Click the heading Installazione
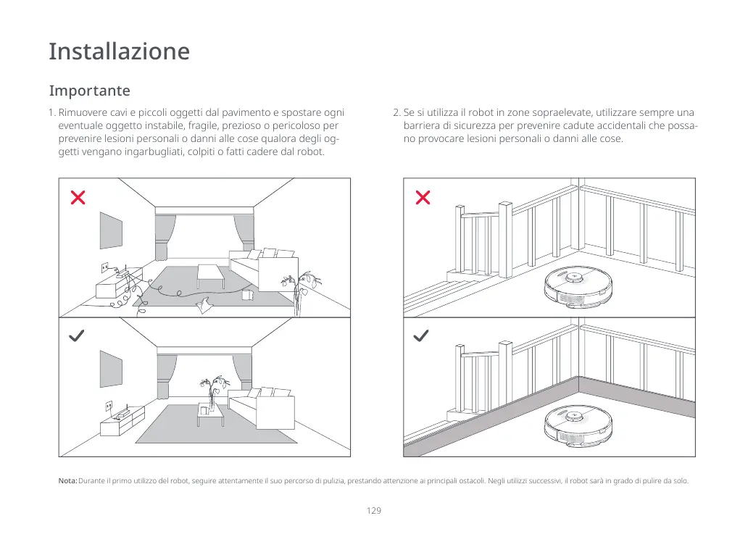[119, 52]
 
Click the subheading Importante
[90, 91]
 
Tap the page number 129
[374, 511]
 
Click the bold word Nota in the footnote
[67, 481]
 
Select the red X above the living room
[78, 197]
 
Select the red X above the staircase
[423, 197]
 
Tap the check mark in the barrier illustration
[421, 336]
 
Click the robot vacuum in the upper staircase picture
[577, 288]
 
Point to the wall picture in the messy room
[111, 230]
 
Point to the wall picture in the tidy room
[111, 370]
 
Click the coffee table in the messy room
[211, 274]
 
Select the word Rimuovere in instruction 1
[80, 113]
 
